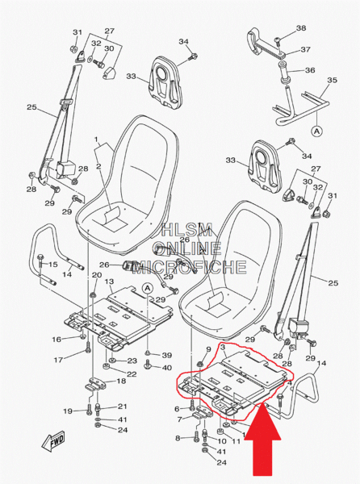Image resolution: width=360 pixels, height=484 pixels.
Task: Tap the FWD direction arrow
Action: point(53,440)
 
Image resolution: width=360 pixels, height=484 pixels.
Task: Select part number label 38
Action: point(301,28)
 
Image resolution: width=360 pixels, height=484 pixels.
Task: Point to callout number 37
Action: point(306,49)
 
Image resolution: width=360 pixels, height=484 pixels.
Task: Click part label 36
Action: point(310,70)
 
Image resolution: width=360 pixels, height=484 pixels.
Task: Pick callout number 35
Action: point(333,80)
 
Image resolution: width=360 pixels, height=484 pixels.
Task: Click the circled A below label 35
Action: point(316,131)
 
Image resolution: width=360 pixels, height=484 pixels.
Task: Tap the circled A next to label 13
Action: point(148,288)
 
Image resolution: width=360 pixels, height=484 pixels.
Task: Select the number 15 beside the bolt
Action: point(52,265)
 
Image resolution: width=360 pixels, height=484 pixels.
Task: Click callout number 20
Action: point(97,275)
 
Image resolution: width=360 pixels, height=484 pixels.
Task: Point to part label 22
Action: point(132,374)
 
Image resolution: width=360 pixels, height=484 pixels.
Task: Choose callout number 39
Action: point(167,355)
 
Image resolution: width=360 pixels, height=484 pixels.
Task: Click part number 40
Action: point(167,368)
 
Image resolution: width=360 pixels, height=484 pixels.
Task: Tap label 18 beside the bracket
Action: point(121,381)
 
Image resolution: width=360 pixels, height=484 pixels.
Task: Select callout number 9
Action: point(208,349)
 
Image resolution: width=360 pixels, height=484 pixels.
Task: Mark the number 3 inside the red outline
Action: point(224,348)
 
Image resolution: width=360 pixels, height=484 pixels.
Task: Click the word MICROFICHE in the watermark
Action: point(190,267)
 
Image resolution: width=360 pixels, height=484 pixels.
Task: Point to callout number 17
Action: point(58,360)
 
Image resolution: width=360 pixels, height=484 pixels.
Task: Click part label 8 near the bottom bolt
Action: point(178,438)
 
